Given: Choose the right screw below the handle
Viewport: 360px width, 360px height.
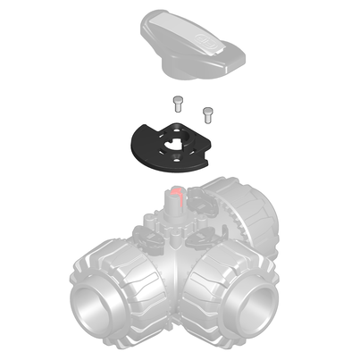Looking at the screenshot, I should [x=209, y=113].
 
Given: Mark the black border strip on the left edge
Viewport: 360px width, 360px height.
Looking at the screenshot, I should [x=32, y=179].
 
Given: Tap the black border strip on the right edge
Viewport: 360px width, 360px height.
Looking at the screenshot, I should [x=327, y=179].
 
